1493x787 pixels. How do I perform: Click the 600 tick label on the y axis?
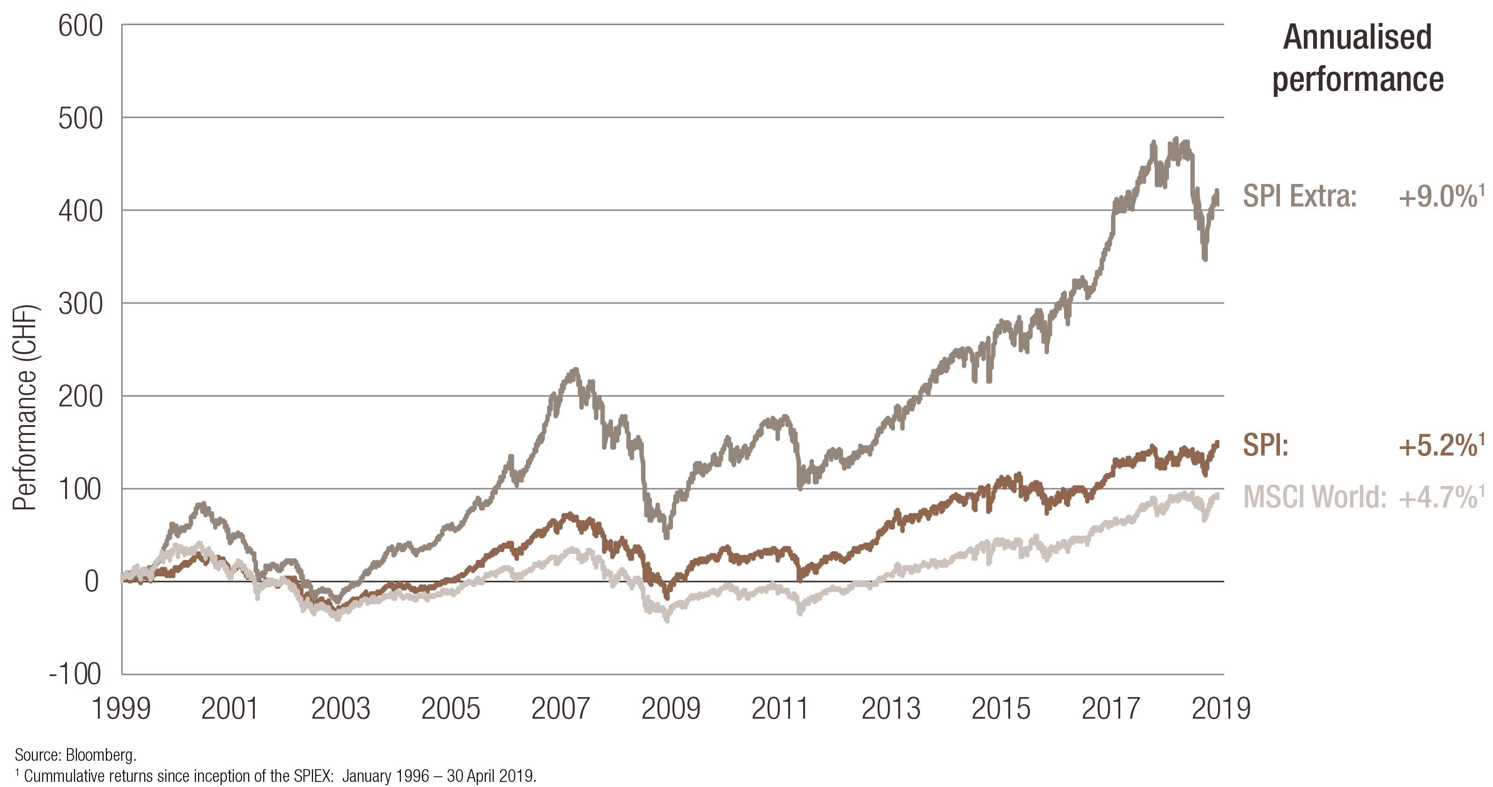(81, 26)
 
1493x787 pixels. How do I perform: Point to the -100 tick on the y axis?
(75, 674)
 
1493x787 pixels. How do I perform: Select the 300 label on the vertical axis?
(81, 304)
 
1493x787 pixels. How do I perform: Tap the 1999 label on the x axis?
(121, 709)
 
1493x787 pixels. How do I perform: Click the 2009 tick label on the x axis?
(671, 709)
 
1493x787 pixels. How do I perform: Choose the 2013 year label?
(891, 709)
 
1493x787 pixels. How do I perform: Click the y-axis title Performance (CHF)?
(24, 407)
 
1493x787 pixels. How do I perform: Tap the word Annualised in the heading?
(1357, 37)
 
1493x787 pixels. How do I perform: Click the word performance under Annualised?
(1357, 80)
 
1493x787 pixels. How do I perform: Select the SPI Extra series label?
(1300, 196)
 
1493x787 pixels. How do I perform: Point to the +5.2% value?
(1438, 446)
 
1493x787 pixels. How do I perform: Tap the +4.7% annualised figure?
(1438, 497)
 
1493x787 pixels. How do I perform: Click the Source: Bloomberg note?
(75, 755)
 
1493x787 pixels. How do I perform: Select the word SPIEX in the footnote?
(313, 775)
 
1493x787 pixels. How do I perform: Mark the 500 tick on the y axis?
(81, 118)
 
